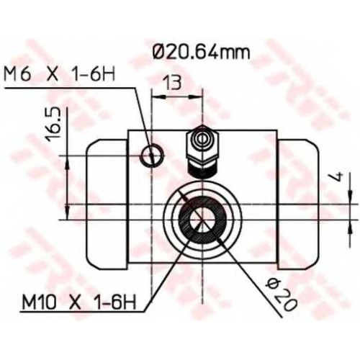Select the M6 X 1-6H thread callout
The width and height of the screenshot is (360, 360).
[59, 74]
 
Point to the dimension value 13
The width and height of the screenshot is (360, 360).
[172, 83]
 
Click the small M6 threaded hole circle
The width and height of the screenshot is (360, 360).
[153, 156]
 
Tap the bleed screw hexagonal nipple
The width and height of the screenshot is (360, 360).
[203, 145]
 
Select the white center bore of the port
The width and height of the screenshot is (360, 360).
[202, 220]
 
